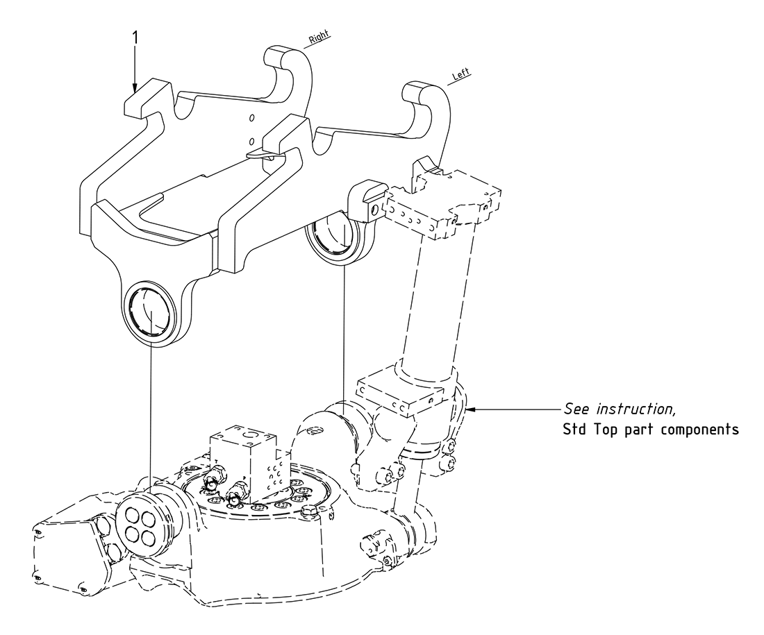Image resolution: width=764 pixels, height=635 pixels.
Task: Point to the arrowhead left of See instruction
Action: tap(473, 409)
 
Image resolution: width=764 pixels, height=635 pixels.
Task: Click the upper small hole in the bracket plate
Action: tap(253, 117)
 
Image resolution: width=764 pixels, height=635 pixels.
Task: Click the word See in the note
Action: tap(575, 408)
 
